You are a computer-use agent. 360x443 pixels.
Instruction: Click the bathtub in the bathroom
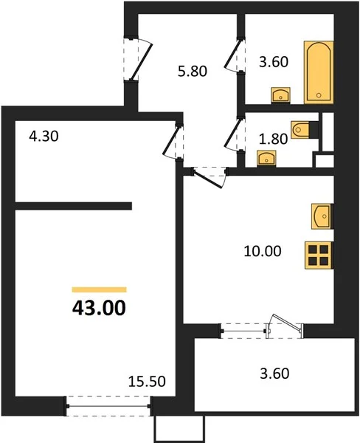coord(319,72)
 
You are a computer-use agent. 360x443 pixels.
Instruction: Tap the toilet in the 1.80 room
coord(300,130)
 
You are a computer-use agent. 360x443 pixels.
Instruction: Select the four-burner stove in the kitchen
coord(319,255)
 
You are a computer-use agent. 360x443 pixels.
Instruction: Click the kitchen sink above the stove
coord(322,216)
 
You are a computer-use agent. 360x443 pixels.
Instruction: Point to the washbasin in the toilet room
coord(266,158)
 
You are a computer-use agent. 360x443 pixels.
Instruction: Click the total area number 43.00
coord(99,308)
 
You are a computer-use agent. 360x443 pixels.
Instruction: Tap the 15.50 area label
coord(147,382)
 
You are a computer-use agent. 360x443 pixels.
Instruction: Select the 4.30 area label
coord(44,136)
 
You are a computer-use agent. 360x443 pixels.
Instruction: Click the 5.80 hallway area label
coord(193,71)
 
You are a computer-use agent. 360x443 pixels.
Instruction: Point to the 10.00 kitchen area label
coord(263,251)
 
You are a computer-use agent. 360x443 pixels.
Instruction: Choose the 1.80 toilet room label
coord(273,139)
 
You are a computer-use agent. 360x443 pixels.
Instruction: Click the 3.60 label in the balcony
coord(274,373)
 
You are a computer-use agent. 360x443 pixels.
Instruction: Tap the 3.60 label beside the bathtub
coord(274,61)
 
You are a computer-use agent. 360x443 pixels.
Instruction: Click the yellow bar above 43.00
coord(100,289)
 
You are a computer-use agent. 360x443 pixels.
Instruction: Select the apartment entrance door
coord(139,59)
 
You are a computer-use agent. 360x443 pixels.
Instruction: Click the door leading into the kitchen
coord(210,177)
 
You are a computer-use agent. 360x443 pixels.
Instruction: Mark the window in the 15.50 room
coord(108,406)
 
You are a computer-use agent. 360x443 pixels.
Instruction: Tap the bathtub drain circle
coord(319,95)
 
